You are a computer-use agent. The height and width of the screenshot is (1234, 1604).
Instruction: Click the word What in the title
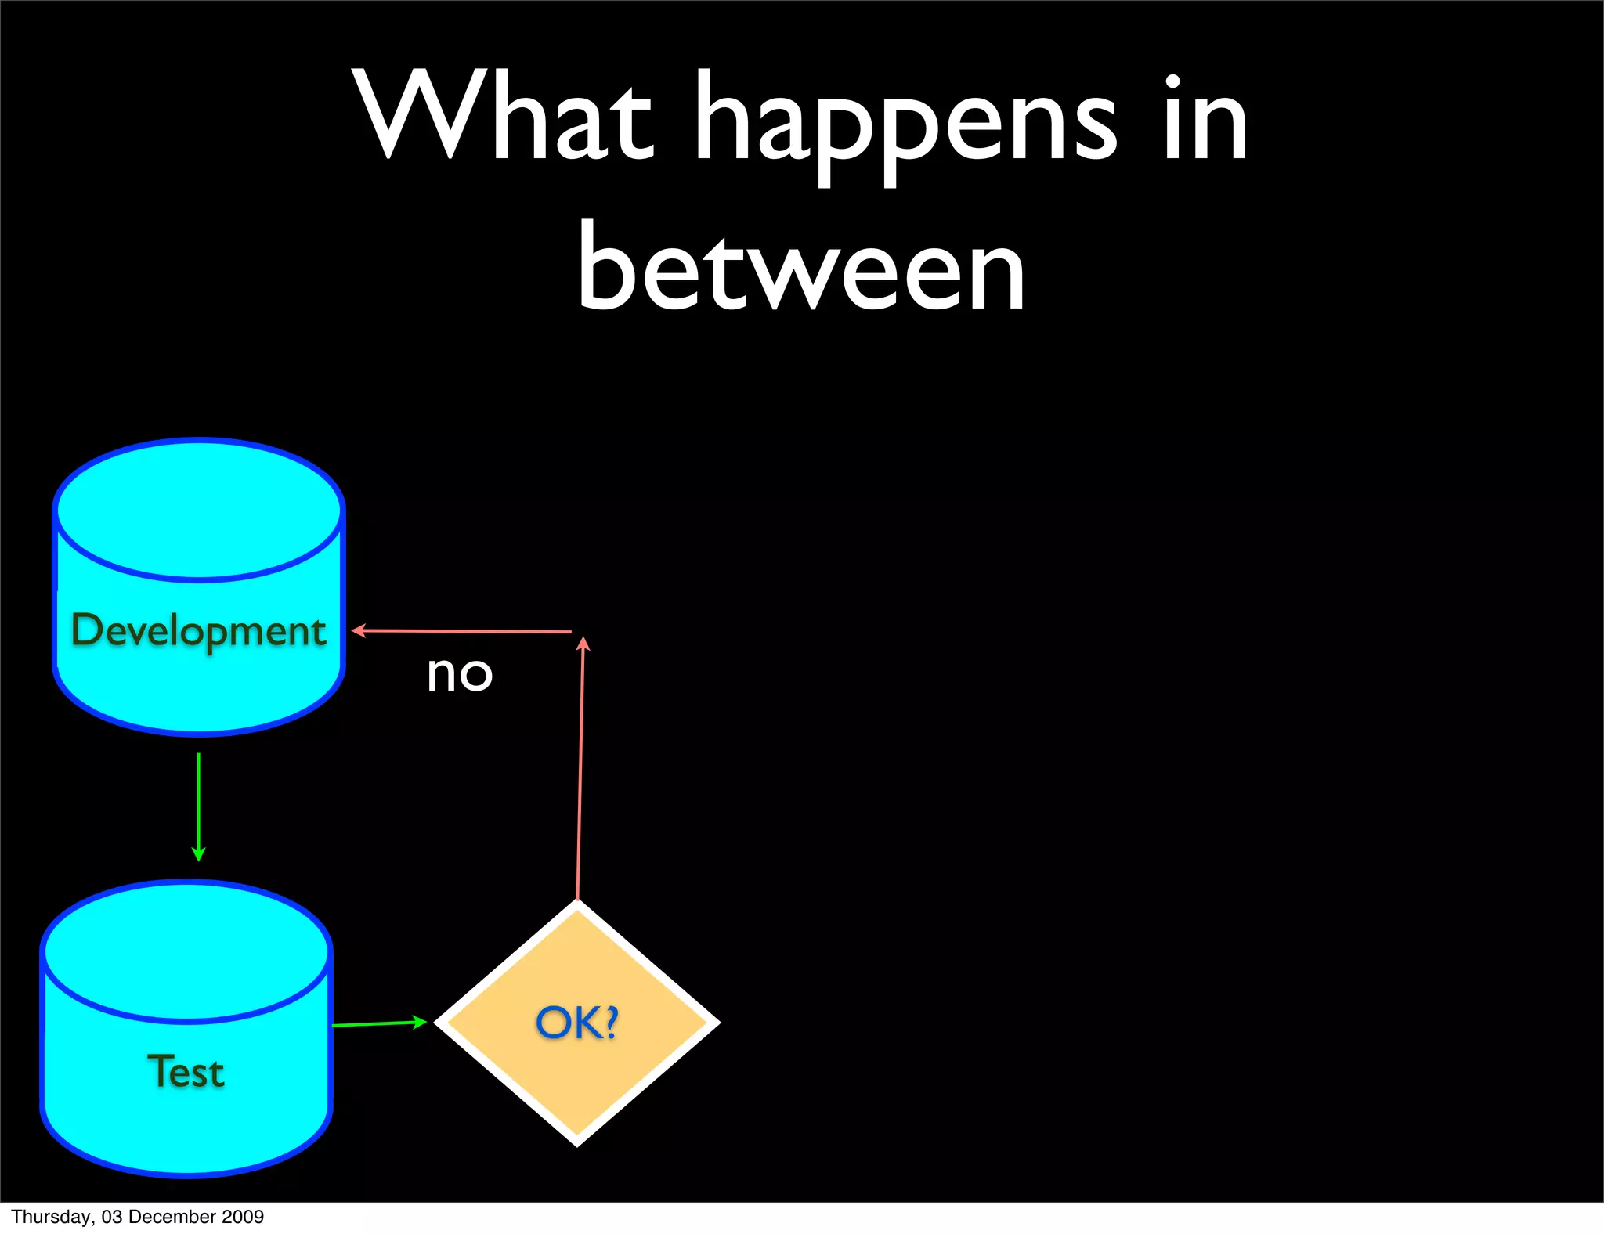(501, 117)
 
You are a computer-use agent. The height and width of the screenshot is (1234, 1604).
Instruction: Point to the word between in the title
(800, 266)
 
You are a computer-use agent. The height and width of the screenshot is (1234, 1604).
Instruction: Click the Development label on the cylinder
(198, 631)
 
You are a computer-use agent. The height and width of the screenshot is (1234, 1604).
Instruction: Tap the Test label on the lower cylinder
(186, 1071)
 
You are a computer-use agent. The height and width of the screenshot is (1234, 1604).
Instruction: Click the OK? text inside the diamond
(577, 1023)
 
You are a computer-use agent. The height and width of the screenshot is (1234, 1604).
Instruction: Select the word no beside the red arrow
(460, 674)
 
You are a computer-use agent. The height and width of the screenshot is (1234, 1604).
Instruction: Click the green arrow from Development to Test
(198, 806)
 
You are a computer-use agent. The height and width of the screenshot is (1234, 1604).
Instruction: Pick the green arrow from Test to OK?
(379, 1023)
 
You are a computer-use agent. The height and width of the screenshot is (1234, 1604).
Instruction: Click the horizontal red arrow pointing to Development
(462, 630)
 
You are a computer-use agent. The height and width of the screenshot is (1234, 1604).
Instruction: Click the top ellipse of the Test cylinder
(186, 952)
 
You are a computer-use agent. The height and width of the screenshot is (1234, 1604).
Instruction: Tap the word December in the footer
(173, 1217)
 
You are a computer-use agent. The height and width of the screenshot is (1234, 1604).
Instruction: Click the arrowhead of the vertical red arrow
(583, 644)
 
